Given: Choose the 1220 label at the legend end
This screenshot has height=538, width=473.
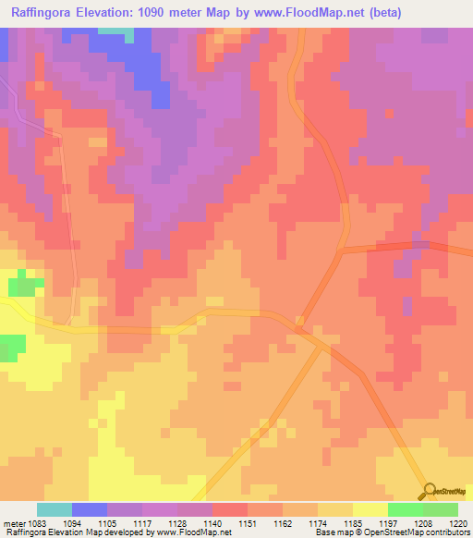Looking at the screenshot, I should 459,523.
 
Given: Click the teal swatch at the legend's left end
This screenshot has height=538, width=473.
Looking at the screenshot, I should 55,509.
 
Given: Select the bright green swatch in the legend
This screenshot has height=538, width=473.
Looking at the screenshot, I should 405,509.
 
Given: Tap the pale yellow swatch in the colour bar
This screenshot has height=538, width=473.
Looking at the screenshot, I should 370,509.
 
